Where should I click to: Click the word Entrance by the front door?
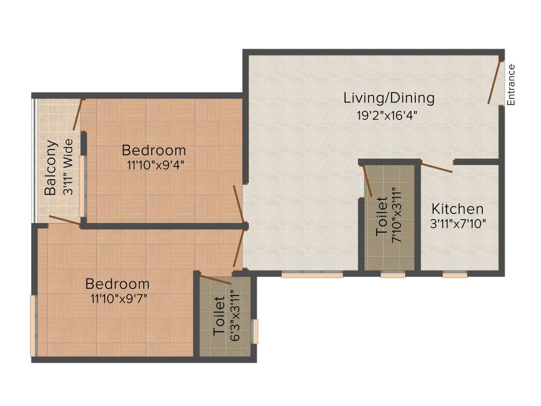(511, 85)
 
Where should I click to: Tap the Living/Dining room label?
(389, 98)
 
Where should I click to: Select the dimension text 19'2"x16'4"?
(389, 116)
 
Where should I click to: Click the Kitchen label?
(458, 208)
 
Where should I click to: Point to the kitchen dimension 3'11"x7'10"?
(458, 223)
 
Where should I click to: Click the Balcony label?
(51, 168)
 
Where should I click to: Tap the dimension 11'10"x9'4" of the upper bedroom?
(155, 164)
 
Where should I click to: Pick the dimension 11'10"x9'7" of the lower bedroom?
(118, 299)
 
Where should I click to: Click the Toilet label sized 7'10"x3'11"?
(381, 216)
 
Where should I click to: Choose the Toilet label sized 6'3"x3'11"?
(219, 316)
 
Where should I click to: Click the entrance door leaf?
(495, 82)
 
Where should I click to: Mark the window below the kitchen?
(454, 275)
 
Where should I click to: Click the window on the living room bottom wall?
(312, 275)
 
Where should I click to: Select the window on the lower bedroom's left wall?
(33, 326)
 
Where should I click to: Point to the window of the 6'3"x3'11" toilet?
(255, 331)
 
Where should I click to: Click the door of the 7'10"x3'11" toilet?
(368, 181)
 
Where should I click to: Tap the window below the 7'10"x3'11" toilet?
(393, 275)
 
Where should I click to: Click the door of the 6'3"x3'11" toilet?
(216, 280)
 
